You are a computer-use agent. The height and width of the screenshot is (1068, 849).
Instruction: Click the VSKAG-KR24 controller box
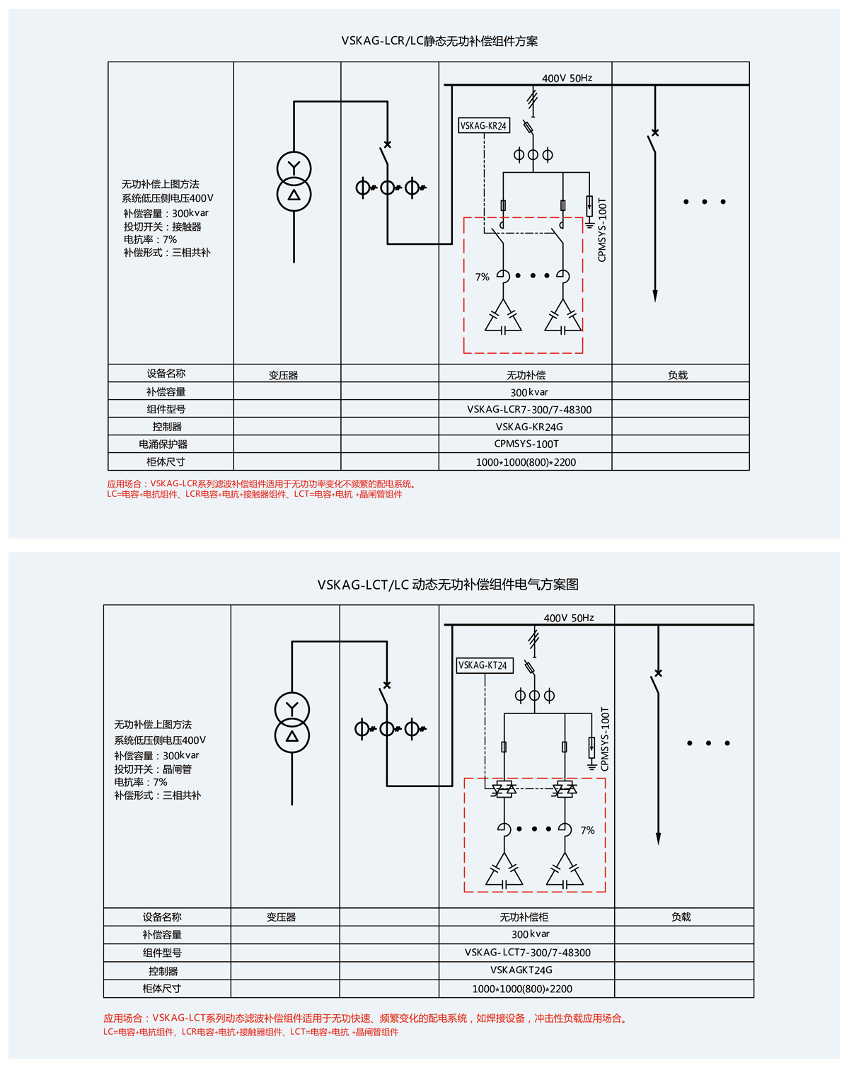tap(484, 126)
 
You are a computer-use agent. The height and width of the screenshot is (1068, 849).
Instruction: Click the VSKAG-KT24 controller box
tap(484, 665)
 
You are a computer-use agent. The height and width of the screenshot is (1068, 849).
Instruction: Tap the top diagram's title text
tap(439, 41)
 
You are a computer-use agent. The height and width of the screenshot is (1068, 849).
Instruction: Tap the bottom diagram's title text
tap(448, 585)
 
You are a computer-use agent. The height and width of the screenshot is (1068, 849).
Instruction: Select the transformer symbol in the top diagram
tap(294, 182)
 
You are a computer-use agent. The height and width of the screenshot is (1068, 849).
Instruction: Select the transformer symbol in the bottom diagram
tap(292, 723)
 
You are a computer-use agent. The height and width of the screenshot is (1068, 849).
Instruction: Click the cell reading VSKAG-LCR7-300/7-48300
tap(529, 410)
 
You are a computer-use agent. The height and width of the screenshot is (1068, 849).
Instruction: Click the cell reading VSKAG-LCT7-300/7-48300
tap(528, 953)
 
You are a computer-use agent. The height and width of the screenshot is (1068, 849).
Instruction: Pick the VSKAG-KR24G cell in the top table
tap(529, 427)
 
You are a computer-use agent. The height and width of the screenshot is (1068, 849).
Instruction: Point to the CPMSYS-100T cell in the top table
tap(526, 444)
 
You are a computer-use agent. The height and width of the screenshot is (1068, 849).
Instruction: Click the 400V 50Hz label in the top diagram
tap(567, 78)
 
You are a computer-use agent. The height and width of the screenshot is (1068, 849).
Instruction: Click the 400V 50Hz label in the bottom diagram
tap(569, 618)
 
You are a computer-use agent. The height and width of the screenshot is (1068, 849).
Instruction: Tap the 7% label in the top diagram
tap(483, 277)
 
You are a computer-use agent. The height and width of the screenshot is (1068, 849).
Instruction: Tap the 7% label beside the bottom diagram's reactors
tap(587, 830)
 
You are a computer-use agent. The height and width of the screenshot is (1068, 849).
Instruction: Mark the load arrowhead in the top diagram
tap(655, 295)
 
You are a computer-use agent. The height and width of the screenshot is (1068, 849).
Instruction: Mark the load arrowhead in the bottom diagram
tap(658, 838)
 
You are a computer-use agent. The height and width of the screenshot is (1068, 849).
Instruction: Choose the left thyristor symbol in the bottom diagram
tap(504, 788)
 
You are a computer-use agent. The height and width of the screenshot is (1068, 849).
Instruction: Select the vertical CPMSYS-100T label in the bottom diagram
tap(605, 739)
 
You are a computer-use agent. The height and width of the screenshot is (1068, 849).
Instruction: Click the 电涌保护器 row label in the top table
tap(163, 444)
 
